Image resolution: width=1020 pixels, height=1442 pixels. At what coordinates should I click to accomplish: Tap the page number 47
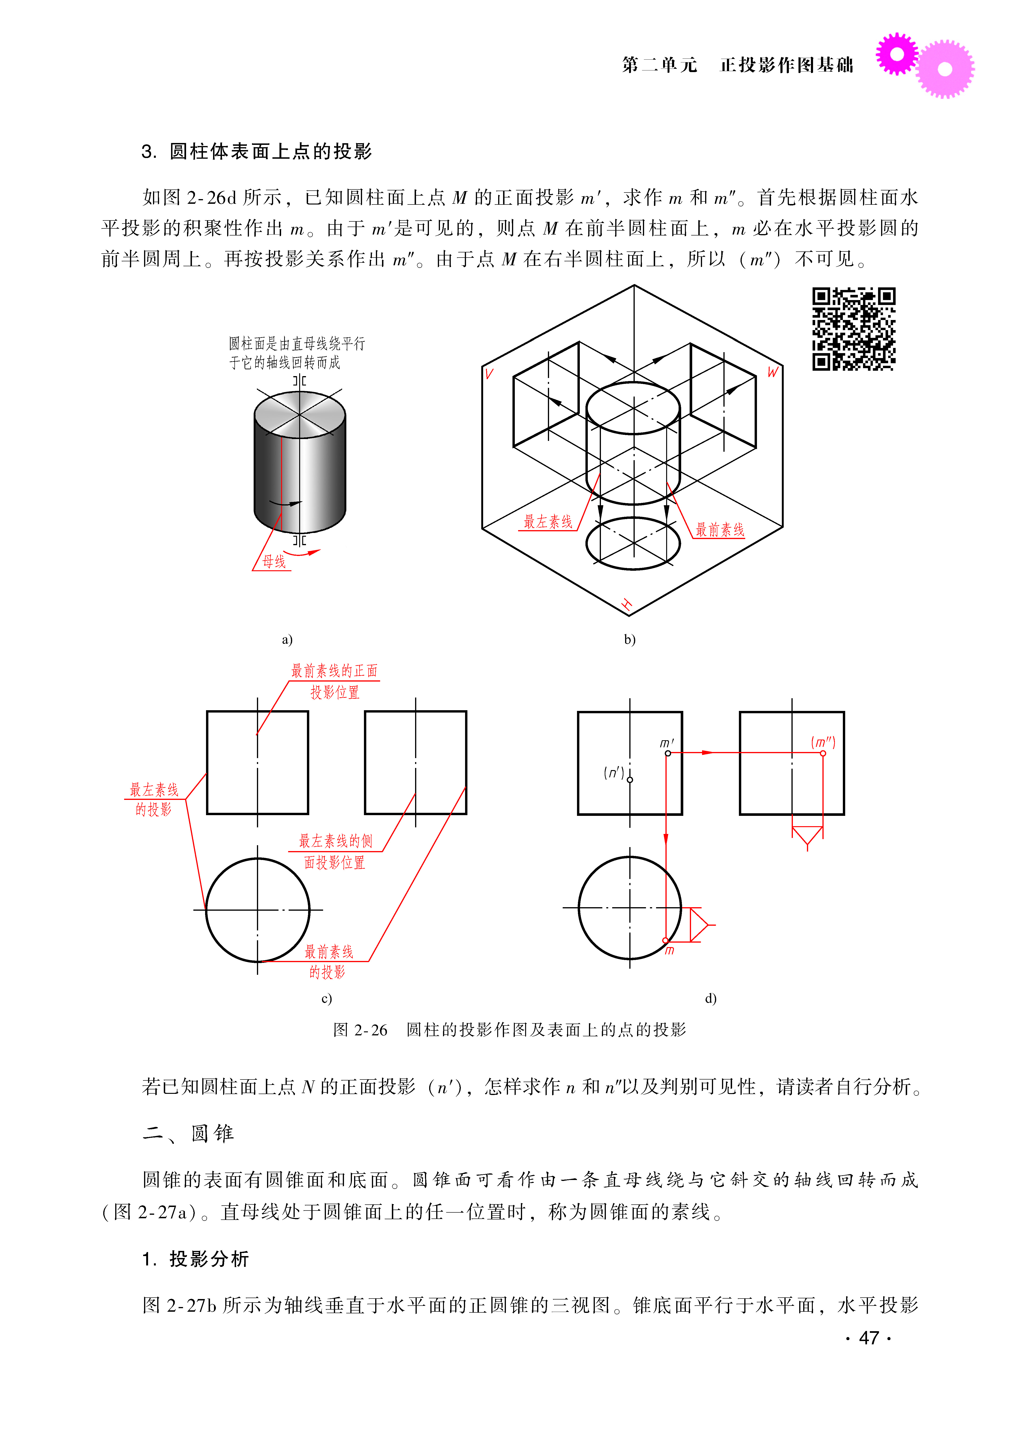pos(869,1338)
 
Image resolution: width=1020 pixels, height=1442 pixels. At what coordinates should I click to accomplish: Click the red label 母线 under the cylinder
pos(274,561)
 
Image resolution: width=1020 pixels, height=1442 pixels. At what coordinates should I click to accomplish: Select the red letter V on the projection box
pos(489,374)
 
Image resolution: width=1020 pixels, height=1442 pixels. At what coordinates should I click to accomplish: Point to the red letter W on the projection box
pos(772,372)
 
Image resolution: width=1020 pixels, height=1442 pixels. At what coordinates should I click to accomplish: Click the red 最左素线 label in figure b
pos(548,521)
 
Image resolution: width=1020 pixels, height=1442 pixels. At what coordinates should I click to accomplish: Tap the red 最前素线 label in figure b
pos(720,530)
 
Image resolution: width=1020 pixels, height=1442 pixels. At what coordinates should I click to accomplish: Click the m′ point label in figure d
pos(667,743)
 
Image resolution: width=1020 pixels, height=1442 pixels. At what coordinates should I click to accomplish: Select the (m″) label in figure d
pos(823,742)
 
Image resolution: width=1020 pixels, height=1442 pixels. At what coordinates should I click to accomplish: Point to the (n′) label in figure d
pos(614,772)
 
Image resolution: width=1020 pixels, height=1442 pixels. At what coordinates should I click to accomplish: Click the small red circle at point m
pos(666,941)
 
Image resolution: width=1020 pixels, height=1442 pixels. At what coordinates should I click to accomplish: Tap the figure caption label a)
pos(287,640)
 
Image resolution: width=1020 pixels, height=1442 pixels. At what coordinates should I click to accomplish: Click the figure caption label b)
pos(629,640)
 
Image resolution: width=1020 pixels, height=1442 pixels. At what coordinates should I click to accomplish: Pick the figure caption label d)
pos(710,999)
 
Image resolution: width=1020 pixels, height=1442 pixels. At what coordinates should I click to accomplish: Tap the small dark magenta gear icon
pos(897,54)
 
